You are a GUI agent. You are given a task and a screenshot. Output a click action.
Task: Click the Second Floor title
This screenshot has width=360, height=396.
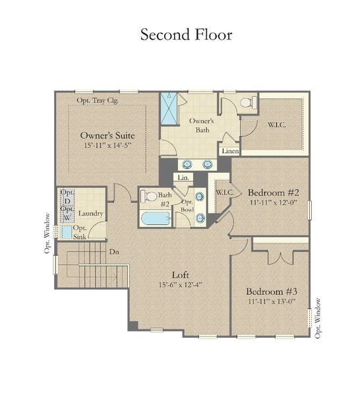tap(186, 34)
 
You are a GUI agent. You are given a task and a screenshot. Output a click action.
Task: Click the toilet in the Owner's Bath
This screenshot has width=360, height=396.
tap(248, 102)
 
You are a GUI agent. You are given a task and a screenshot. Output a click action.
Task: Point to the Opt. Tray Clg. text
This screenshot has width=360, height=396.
tap(98, 100)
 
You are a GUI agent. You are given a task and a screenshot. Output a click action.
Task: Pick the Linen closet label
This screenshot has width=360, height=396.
tap(229, 151)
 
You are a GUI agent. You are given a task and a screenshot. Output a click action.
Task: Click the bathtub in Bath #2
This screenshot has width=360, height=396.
tap(156, 218)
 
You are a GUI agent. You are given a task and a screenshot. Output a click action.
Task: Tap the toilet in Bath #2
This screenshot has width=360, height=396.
tap(149, 196)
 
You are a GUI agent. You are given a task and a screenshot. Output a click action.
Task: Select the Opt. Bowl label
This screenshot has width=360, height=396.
tap(187, 207)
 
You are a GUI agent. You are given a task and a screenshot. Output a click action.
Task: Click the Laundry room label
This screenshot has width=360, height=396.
tap(90, 214)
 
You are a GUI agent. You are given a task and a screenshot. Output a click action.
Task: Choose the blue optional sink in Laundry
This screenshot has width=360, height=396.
tap(67, 232)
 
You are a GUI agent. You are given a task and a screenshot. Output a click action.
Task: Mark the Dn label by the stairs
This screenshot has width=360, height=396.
tap(114, 251)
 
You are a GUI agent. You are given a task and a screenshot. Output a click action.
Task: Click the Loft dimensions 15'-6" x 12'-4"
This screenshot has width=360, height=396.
tap(179, 285)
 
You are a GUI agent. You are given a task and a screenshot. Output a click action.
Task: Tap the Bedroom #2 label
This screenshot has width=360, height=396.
tap(274, 193)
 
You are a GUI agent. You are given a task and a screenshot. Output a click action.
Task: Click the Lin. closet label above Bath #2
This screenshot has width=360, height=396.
tap(183, 178)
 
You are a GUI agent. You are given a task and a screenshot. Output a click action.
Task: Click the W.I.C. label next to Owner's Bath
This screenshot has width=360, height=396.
tap(276, 125)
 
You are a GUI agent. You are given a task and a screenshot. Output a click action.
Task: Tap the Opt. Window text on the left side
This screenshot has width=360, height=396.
tap(47, 232)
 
